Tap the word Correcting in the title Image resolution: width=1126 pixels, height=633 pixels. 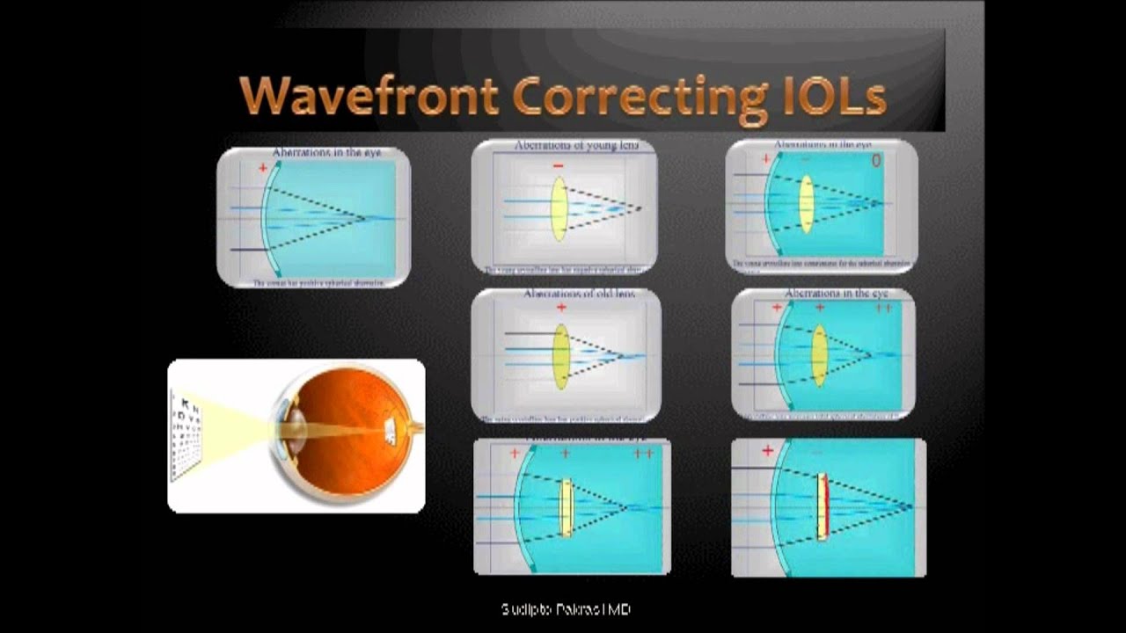640,97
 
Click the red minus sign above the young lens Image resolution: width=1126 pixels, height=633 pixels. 558,165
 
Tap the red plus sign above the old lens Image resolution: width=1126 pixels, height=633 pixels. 561,308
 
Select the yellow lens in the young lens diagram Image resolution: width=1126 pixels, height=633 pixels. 559,209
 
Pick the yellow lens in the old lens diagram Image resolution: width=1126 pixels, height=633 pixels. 560,357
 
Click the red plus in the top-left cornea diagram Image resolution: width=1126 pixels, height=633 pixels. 262,167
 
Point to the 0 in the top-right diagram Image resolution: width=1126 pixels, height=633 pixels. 875,161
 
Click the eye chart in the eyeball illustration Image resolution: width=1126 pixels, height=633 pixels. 186,435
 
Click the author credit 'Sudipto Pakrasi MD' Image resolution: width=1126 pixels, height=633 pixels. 565,609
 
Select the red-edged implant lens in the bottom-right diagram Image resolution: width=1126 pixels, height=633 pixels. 823,507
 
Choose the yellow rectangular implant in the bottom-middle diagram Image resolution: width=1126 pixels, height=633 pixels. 567,507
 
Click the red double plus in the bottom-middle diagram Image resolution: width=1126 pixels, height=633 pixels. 643,454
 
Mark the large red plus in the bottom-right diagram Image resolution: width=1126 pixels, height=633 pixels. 768,451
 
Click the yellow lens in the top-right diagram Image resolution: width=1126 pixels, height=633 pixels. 806,204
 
